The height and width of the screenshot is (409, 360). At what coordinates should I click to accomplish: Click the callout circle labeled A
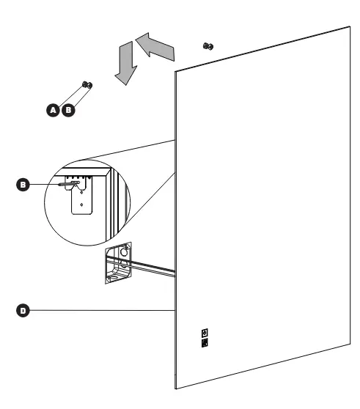pyautogui.click(x=53, y=110)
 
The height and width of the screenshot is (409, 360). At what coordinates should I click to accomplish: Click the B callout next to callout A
pyautogui.click(x=68, y=110)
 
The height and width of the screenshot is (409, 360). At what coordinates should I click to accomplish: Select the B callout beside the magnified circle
pyautogui.click(x=23, y=185)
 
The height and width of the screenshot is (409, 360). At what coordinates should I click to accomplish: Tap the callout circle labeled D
pyautogui.click(x=23, y=310)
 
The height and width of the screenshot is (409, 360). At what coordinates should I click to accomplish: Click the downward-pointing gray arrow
pyautogui.click(x=126, y=63)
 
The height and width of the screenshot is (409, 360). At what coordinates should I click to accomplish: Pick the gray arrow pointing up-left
pyautogui.click(x=155, y=47)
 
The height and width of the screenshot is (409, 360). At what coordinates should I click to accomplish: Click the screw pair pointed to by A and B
pyautogui.click(x=87, y=84)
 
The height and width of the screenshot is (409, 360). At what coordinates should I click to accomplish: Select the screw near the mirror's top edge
pyautogui.click(x=208, y=46)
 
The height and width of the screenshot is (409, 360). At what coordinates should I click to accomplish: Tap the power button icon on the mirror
pyautogui.click(x=205, y=333)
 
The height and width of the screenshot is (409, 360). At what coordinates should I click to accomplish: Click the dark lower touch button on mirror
pyautogui.click(x=205, y=343)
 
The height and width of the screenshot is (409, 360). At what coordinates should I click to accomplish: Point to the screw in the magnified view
pyautogui.click(x=68, y=184)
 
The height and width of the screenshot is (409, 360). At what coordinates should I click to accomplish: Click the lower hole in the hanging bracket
pyautogui.click(x=81, y=204)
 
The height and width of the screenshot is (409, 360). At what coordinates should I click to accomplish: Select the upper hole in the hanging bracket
pyautogui.click(x=81, y=193)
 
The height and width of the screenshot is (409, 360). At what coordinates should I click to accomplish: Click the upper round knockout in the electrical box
pyautogui.click(x=124, y=252)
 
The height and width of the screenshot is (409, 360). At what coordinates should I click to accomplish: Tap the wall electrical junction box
pyautogui.click(x=118, y=263)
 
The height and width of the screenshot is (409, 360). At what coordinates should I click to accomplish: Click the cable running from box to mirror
pyautogui.click(x=141, y=266)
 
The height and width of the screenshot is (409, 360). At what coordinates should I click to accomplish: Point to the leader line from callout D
pyautogui.click(x=102, y=310)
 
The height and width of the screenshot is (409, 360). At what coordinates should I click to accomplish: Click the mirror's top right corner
pyautogui.click(x=350, y=26)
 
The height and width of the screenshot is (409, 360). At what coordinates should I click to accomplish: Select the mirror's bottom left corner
pyautogui.click(x=175, y=388)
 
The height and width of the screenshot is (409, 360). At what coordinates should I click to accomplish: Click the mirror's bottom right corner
pyautogui.click(x=350, y=344)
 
